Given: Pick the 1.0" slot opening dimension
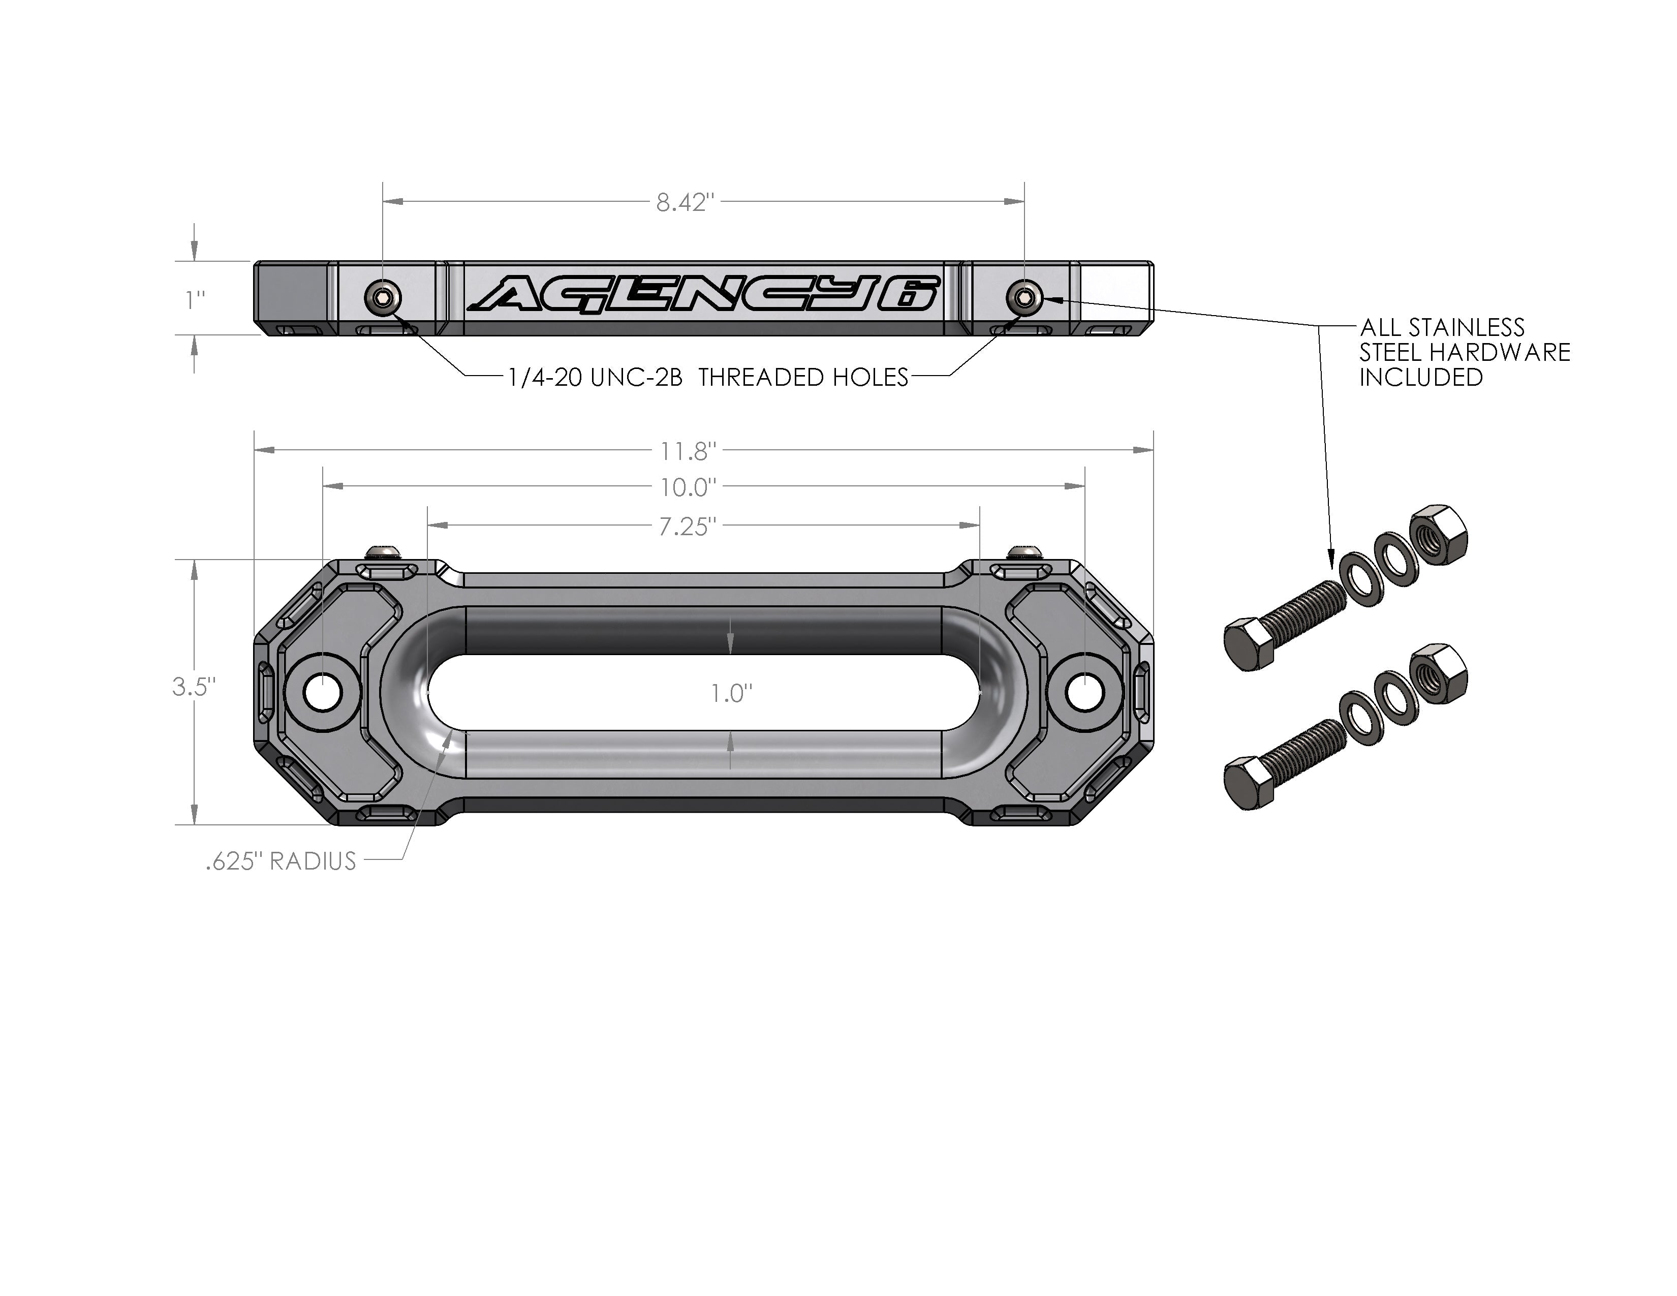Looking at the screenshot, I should coord(730,693).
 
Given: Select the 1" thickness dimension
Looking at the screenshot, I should coord(195,299).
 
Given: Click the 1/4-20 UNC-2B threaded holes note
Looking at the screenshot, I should coord(708,377).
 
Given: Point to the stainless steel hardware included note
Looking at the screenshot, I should coord(1464,352).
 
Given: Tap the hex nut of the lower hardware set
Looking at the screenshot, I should coord(1440,672).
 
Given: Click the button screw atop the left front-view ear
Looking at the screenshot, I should coord(382,551).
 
